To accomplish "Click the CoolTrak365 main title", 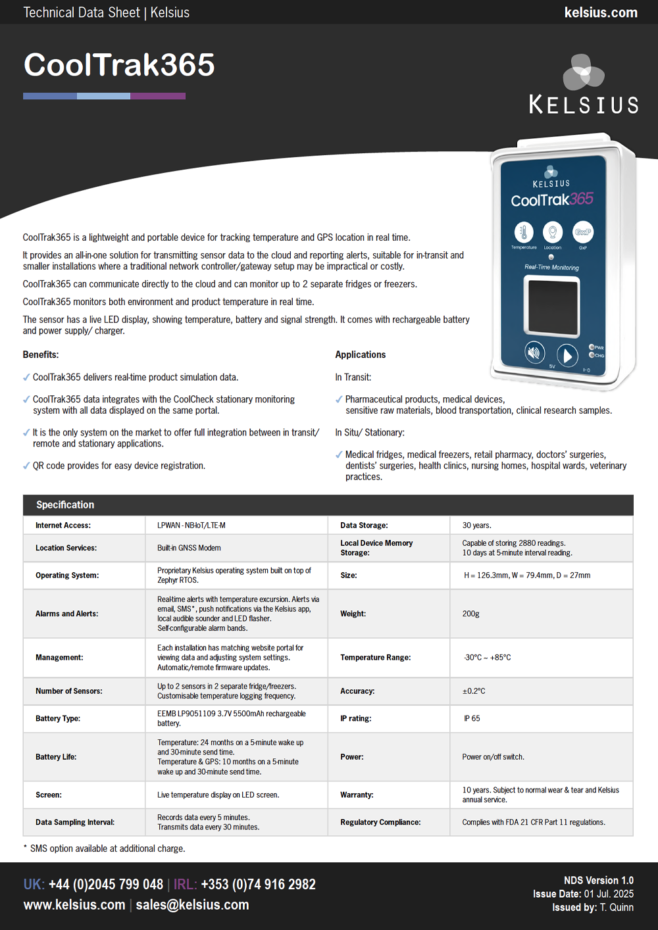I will point(119,65).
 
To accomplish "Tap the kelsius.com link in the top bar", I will point(601,12).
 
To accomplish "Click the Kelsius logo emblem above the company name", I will point(583,72).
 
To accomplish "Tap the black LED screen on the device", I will point(551,305).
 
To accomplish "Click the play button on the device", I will point(567,355).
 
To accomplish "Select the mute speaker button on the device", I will point(534,353).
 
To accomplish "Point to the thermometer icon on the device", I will point(524,232).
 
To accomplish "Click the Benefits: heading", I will point(41,355).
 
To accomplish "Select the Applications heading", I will point(361,355).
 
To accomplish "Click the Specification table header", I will point(65,504).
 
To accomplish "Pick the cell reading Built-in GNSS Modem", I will point(189,548).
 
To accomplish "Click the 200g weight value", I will point(471,614).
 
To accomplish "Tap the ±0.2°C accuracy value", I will point(474,691).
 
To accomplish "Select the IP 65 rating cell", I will point(472,718).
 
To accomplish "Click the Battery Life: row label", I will point(56,757).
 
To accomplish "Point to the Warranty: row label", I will point(357,795).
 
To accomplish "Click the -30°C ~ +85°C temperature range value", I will point(487,658).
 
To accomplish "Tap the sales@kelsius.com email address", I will point(192,905).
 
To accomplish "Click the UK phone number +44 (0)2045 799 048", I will point(106,885).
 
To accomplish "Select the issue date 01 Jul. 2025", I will point(609,894).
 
